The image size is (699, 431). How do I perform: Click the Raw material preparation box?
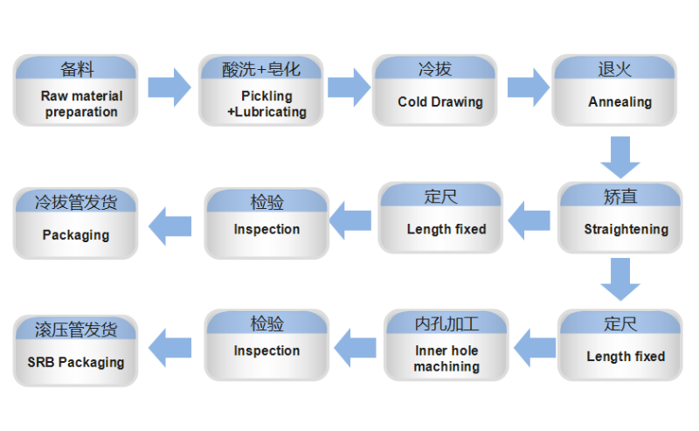(x=75, y=90)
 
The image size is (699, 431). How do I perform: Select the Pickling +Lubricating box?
(x=260, y=90)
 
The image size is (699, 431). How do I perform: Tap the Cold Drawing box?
(x=434, y=90)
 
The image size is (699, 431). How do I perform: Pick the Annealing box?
(x=614, y=90)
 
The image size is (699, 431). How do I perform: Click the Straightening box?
(x=620, y=218)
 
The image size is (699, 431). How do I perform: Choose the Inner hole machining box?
(x=446, y=345)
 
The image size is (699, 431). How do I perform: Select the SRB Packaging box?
(x=75, y=351)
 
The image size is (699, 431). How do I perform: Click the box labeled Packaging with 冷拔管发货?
(x=75, y=223)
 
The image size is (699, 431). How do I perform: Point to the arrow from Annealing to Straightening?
(x=620, y=157)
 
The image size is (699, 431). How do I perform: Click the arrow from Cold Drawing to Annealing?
(x=529, y=87)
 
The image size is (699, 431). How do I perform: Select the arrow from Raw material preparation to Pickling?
(x=170, y=87)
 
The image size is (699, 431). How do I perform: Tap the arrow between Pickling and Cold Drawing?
(x=349, y=87)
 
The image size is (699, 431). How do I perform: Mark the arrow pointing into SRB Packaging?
(x=170, y=348)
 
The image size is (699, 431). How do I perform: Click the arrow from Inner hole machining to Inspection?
(x=355, y=348)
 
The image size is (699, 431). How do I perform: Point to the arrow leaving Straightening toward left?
(x=529, y=220)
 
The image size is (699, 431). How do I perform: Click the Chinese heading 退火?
(x=614, y=70)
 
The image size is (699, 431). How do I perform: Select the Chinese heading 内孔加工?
(x=446, y=324)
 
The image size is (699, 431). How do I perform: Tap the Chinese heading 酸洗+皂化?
(x=260, y=70)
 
